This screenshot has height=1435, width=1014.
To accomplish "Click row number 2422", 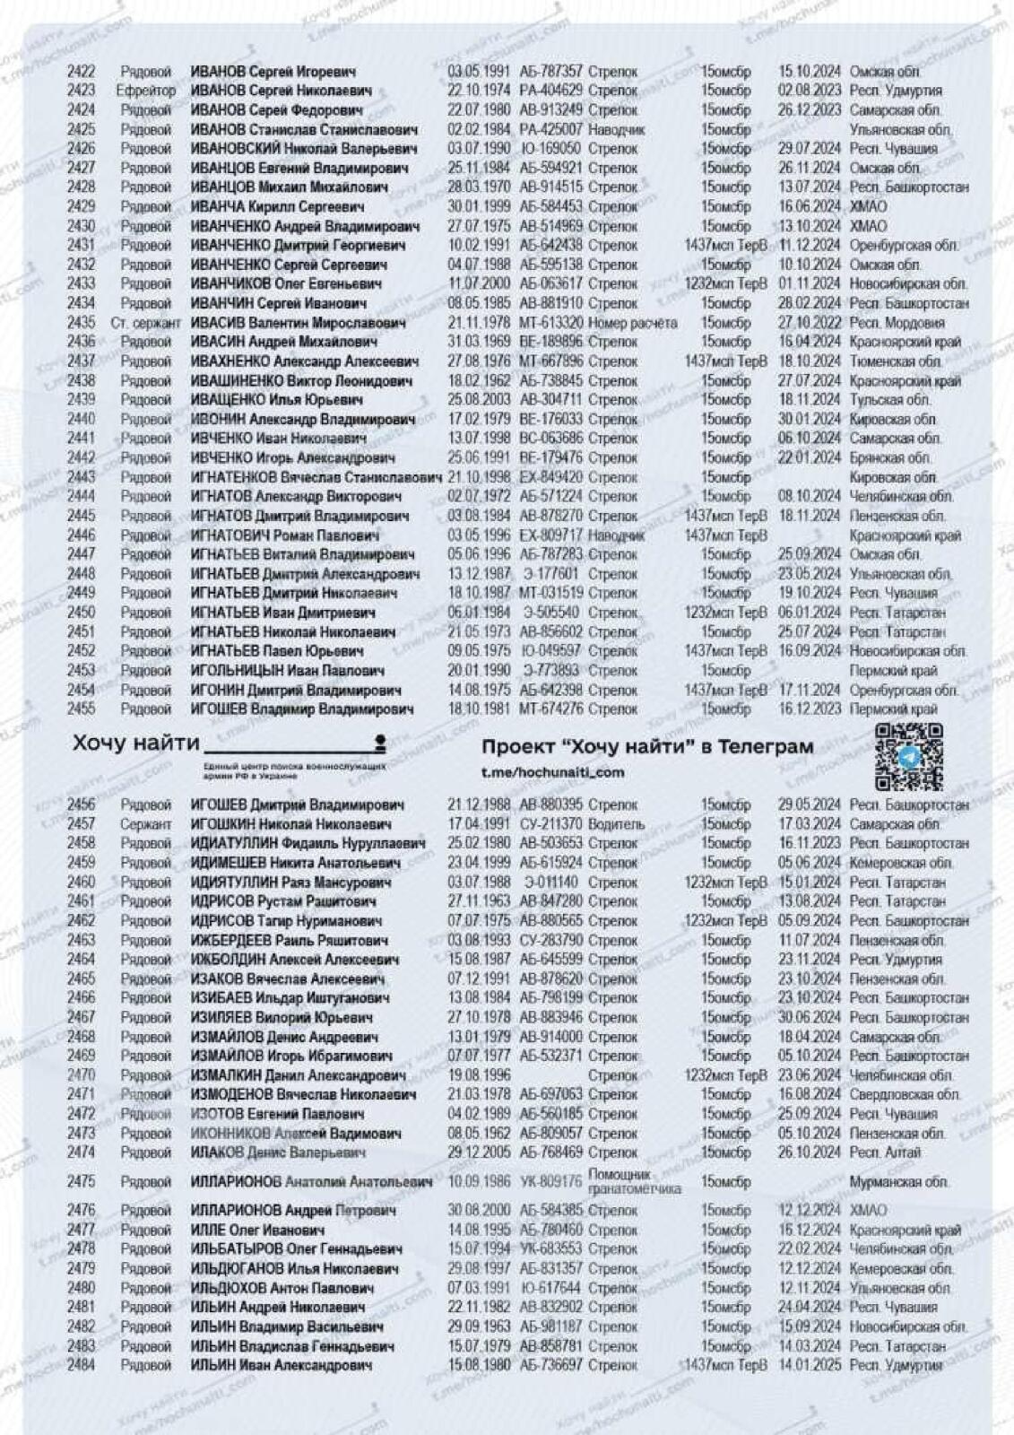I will coord(81,72).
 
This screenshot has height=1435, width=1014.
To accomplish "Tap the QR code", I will coord(908,756).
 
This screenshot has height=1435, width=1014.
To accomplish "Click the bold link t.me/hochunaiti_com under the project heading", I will coord(552,772).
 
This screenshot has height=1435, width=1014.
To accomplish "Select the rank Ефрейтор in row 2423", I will coord(145,91).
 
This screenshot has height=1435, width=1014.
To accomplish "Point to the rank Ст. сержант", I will coord(145,323).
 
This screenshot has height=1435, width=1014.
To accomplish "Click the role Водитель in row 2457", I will coord(616,824).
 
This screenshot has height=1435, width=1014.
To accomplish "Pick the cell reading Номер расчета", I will coord(633,323).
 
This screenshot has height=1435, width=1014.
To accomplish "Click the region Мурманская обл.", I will coord(899,1182).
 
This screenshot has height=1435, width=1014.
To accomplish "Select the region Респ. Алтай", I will coord(885,1152).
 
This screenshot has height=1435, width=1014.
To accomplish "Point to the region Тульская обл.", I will coord(889,400).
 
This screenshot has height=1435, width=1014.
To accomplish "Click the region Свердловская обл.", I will coord(905,1094).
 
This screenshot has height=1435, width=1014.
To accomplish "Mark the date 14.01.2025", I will coord(809,1365).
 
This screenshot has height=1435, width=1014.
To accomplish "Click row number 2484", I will coord(81,1365).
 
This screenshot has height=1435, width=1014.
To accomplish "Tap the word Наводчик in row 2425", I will coord(616,130).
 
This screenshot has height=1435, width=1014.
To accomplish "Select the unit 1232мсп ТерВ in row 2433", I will coord(725,284).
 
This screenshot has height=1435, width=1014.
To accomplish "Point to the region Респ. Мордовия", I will coord(897,323).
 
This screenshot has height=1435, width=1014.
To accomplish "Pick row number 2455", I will coord(81,709).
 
